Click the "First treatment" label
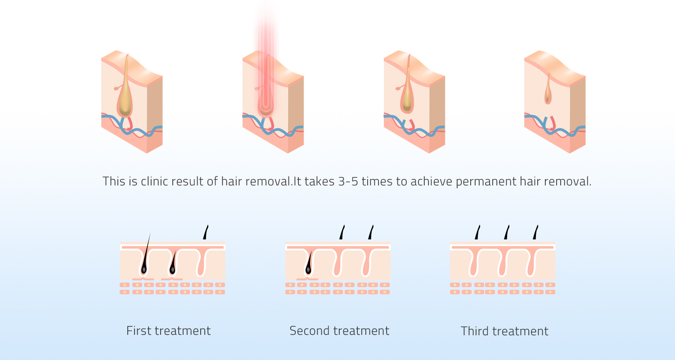coord(168,331)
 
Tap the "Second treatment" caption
coord(339,331)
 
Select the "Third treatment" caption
coord(504,331)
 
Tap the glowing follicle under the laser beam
coord(265,106)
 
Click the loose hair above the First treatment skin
coord(206,232)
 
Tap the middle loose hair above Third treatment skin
coord(507,232)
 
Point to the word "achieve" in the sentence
coord(432,182)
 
